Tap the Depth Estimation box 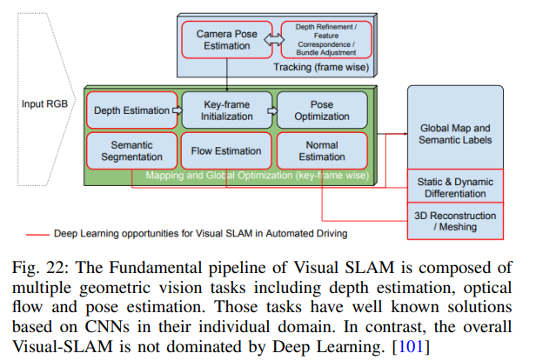coord(130,110)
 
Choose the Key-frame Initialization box coord(226,110)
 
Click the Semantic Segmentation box coord(130,151)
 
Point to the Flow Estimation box coord(225,151)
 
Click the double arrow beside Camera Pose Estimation coord(271,39)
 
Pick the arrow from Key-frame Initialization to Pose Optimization coord(272,110)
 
